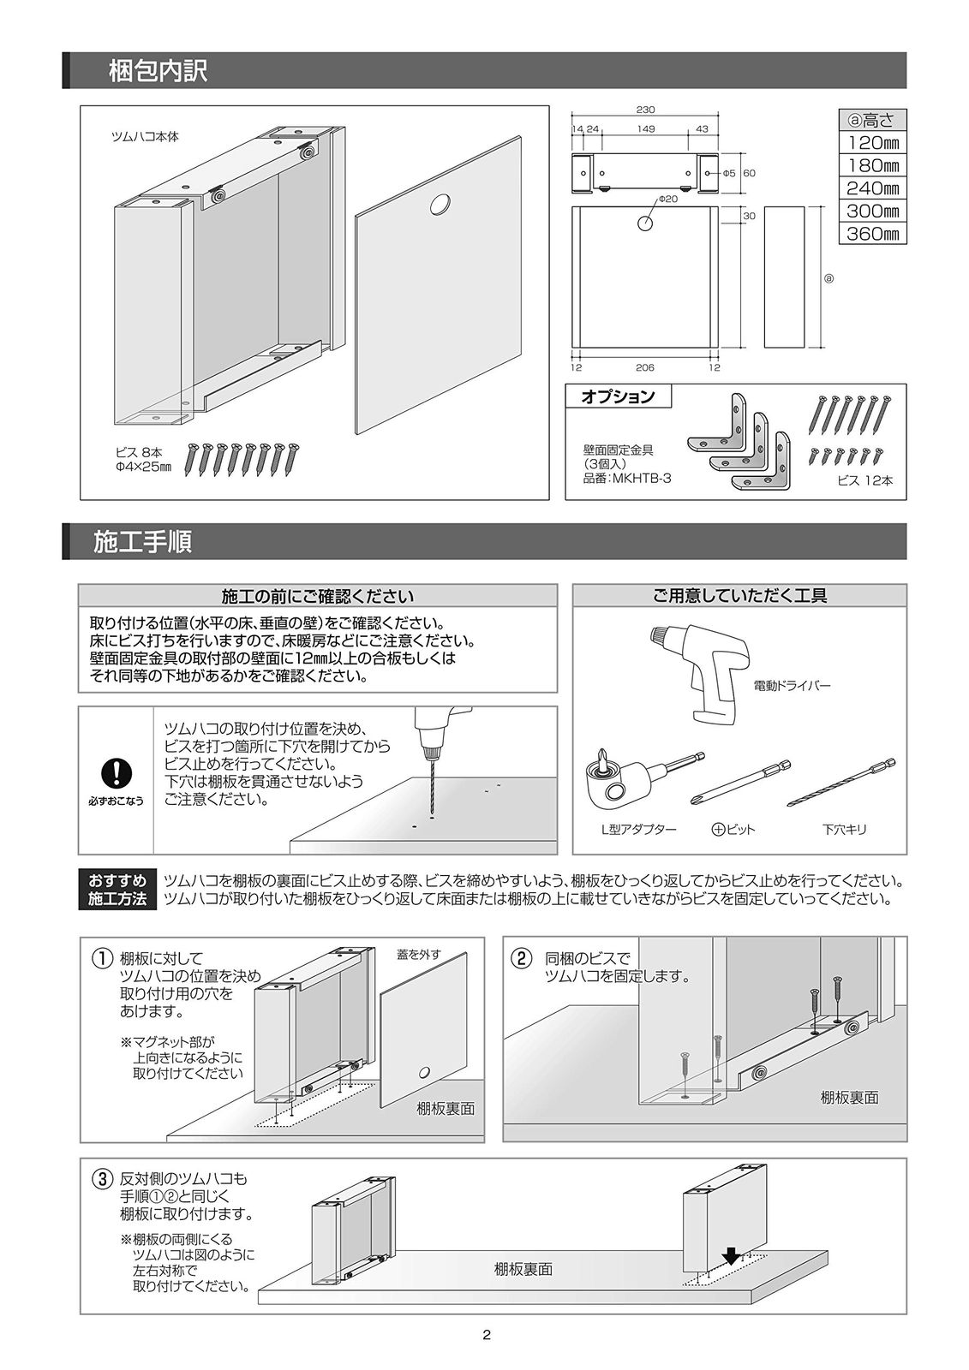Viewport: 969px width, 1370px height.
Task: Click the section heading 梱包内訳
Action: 158,71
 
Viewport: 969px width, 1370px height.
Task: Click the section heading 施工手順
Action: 142,542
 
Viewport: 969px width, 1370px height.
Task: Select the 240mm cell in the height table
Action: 872,188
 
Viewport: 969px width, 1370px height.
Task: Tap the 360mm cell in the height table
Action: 872,234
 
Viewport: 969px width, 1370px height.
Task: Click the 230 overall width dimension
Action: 645,110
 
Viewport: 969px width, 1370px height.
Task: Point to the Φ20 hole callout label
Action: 667,199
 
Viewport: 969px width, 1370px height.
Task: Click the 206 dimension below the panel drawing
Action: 645,367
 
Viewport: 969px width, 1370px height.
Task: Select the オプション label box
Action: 618,396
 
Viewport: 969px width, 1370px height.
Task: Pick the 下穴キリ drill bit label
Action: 845,830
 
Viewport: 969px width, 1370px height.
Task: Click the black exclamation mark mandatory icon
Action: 115,772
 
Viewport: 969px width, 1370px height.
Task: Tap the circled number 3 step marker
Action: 100,1179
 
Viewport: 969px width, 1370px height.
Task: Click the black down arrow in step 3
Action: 729,1255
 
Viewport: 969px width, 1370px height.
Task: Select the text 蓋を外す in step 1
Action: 419,954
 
